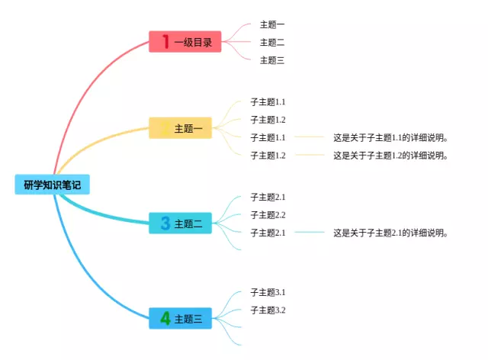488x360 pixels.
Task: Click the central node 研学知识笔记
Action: coord(52,185)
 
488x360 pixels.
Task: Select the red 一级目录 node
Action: coord(185,42)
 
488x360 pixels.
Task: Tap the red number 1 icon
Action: coord(165,42)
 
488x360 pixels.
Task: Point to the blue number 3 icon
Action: coord(165,223)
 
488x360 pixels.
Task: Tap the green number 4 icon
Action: coord(165,318)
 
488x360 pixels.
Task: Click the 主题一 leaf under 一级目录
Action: coord(272,24)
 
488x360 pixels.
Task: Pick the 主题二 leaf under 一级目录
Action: coord(272,42)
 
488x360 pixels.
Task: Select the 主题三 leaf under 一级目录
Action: coord(272,60)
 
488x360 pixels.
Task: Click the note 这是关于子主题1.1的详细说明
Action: coord(390,138)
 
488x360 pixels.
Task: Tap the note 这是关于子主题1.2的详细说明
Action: coord(390,156)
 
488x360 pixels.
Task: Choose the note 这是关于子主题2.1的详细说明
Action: coord(390,233)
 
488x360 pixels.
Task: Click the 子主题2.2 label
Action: coord(268,215)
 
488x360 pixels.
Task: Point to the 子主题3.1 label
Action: coord(268,292)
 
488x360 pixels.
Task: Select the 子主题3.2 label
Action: coord(268,310)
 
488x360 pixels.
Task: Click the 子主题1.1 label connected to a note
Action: coord(268,137)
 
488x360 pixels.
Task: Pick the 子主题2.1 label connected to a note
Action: coord(268,233)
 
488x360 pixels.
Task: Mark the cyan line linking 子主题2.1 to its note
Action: coord(309,233)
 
